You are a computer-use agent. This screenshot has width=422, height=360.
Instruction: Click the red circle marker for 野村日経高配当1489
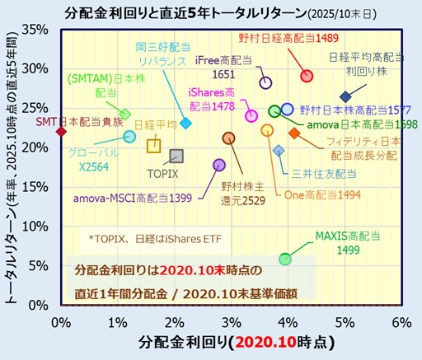[307, 76]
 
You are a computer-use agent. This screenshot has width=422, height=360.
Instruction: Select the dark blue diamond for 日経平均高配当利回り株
[345, 97]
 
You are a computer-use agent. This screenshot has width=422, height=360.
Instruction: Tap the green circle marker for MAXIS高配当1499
[285, 259]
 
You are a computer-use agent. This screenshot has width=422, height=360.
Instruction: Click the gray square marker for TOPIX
[176, 156]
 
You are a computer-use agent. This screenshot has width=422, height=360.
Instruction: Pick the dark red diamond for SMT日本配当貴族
[60, 131]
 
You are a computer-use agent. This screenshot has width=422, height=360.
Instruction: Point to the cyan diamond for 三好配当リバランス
[185, 123]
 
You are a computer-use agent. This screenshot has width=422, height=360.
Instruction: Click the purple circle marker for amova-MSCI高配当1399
[218, 165]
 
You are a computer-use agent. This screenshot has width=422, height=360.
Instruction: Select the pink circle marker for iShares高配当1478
[252, 116]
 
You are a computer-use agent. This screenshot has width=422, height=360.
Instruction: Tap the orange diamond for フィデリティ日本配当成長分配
[294, 133]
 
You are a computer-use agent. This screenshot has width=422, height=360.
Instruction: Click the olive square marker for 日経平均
[153, 146]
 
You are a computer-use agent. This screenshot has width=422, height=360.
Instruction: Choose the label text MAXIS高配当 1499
[347, 243]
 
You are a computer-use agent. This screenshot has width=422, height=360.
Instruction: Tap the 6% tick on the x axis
[401, 319]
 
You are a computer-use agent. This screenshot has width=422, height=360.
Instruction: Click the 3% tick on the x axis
[231, 319]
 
